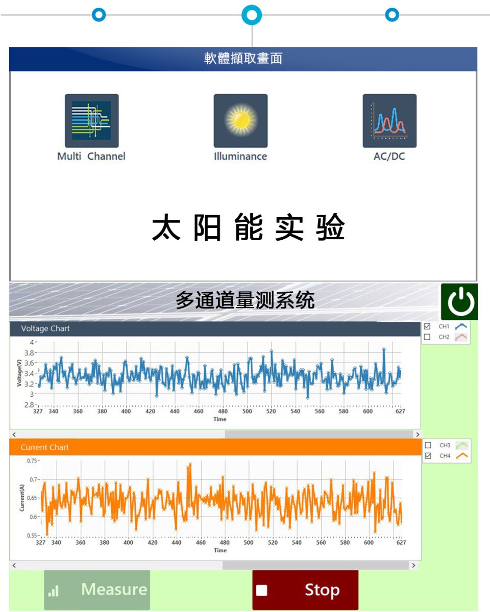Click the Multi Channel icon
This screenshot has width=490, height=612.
[92, 120]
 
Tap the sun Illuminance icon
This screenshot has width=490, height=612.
[240, 120]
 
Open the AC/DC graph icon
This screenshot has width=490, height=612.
[389, 120]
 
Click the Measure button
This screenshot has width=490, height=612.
[97, 590]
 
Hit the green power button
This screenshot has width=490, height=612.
[459, 302]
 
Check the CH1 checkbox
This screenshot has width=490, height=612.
[427, 326]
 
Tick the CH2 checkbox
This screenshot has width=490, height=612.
[427, 337]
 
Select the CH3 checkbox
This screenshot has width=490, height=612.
[428, 445]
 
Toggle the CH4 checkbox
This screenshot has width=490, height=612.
[428, 456]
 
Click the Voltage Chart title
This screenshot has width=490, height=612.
[45, 328]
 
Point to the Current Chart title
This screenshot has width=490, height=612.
[45, 447]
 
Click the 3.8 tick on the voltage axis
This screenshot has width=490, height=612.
[29, 353]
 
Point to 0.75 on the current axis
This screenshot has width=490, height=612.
[32, 461]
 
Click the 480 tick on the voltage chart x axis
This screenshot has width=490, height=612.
[223, 411]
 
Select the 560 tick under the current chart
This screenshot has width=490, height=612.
[321, 543]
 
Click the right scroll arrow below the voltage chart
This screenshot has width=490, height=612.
[418, 435]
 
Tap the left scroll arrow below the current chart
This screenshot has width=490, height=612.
[14, 566]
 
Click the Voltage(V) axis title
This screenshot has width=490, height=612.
[19, 373]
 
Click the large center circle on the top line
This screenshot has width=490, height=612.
[252, 15]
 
